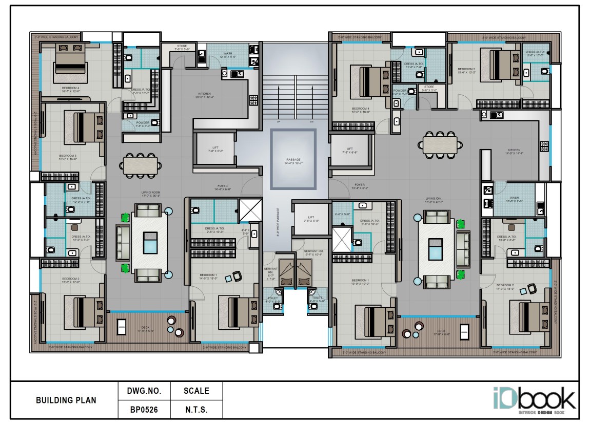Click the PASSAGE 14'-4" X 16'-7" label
[293, 161]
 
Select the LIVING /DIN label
[432, 198]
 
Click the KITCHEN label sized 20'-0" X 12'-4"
[205, 94]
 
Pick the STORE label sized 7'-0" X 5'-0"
[182, 46]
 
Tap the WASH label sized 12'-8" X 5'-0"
[227, 54]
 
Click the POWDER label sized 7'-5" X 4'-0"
[143, 123]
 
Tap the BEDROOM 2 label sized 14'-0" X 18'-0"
[505, 285]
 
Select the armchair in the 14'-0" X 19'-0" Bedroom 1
[237, 276]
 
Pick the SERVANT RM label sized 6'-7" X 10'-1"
[313, 252]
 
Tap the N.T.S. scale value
[196, 410]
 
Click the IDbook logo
[534, 400]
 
